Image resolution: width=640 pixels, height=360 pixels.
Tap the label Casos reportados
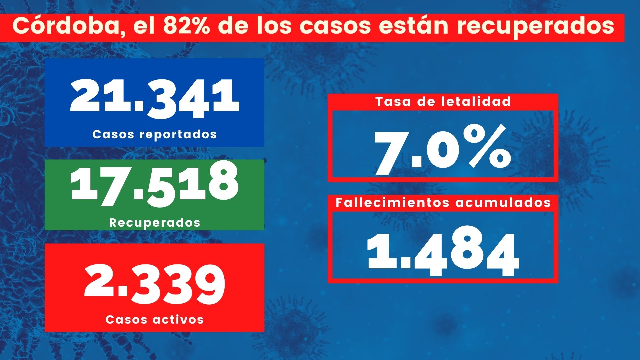point(154,134)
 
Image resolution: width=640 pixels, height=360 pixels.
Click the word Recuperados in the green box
point(155,223)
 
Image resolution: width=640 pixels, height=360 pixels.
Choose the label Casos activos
point(154,319)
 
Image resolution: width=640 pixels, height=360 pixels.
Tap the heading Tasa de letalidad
point(443,101)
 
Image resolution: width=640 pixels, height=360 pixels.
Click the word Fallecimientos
point(393,203)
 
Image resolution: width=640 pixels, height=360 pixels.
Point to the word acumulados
point(503,203)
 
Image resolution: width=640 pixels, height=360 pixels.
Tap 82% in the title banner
point(186,26)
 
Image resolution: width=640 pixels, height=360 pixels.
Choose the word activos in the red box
point(178,319)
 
